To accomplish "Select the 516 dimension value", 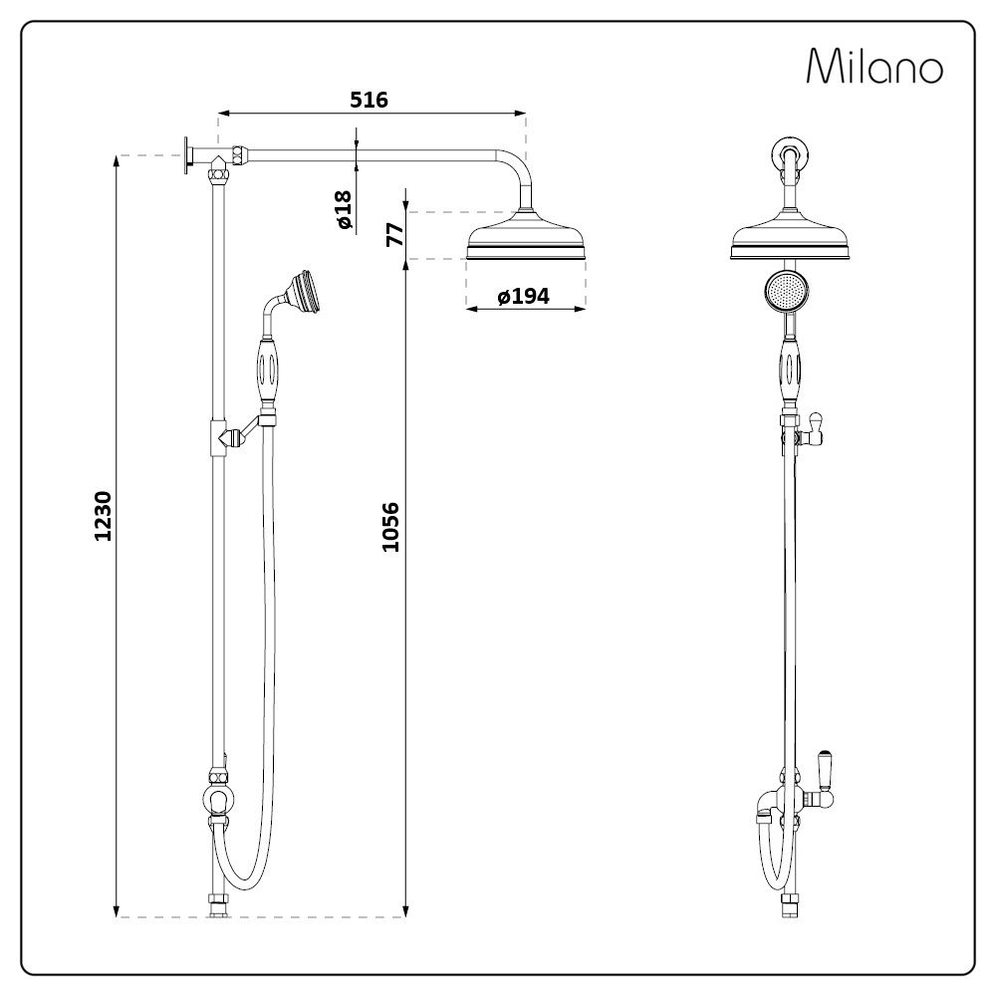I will point(369,100).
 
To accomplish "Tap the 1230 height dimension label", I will point(104,516).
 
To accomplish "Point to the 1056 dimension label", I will point(390,528).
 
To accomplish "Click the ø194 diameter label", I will point(524,296).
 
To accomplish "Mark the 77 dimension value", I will point(393,236).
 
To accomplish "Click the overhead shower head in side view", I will point(525,239).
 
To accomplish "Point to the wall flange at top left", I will point(186,155).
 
